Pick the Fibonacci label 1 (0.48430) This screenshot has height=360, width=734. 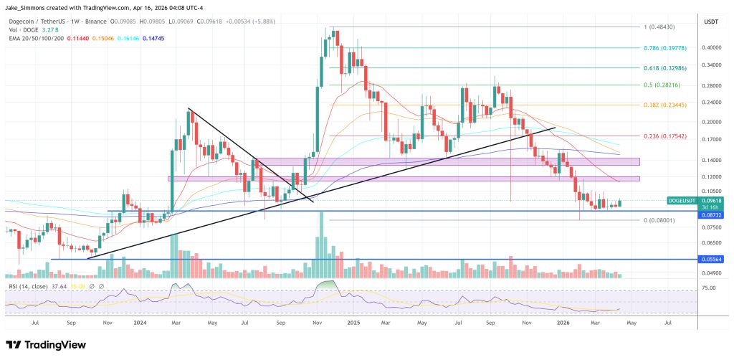[x=660, y=27]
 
